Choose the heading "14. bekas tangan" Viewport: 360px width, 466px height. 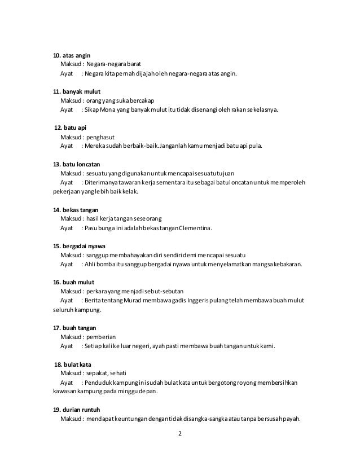pyautogui.click(x=72, y=209)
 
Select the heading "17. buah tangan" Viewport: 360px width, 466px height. pyautogui.click(x=71, y=327)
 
